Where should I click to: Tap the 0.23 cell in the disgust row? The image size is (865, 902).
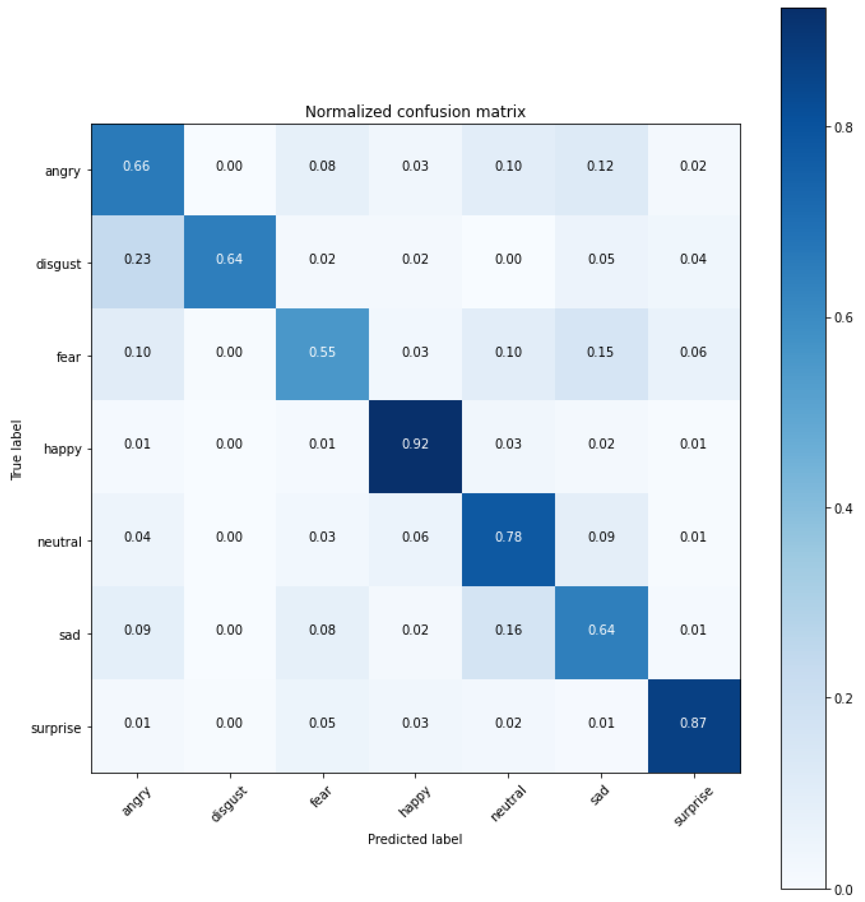tap(137, 259)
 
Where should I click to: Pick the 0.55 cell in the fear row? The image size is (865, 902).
tap(322, 352)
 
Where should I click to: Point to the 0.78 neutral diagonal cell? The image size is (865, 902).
tap(508, 537)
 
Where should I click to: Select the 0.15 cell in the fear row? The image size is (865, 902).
tap(600, 352)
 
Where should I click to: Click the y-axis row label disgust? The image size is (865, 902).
tap(58, 264)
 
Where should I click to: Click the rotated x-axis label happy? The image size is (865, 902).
tap(414, 802)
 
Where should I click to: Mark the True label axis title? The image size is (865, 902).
tap(16, 449)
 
